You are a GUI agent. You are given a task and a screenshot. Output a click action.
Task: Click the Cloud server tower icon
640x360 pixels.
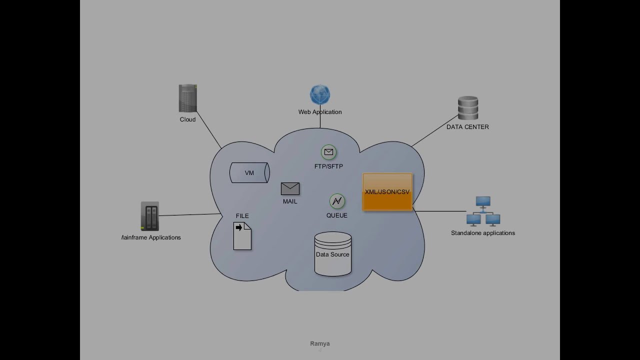(x=187, y=98)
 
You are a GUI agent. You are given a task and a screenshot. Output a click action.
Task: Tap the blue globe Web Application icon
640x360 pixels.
(x=320, y=95)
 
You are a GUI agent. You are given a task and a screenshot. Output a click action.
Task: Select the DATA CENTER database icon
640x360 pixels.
(x=467, y=108)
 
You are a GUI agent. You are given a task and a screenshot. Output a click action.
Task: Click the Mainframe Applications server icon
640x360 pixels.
(x=149, y=216)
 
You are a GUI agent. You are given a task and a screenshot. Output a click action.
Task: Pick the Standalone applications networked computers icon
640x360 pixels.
(x=483, y=211)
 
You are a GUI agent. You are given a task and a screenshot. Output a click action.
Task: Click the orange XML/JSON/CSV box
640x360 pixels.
(x=387, y=192)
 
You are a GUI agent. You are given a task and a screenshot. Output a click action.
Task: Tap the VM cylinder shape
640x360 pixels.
(x=249, y=173)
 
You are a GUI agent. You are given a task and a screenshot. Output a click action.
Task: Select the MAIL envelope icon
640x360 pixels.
(x=290, y=188)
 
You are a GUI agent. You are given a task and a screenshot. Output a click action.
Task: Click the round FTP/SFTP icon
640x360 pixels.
(x=328, y=152)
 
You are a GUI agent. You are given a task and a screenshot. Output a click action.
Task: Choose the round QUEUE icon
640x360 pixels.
(x=337, y=201)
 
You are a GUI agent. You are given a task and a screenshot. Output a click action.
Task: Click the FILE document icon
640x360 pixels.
(x=242, y=236)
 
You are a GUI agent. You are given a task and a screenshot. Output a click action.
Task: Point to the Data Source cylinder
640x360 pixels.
(x=333, y=254)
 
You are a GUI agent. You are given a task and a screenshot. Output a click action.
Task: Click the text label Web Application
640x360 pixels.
(x=320, y=112)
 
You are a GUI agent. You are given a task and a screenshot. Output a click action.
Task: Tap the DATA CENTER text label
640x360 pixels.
(x=467, y=127)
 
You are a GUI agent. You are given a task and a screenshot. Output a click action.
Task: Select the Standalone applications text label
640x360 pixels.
(x=483, y=233)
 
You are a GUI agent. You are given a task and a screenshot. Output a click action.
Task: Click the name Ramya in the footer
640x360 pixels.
(x=320, y=343)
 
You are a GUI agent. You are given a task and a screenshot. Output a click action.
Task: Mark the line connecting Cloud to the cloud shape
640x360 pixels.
(x=209, y=129)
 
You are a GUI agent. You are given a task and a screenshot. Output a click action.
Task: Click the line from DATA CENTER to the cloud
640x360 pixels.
(x=434, y=131)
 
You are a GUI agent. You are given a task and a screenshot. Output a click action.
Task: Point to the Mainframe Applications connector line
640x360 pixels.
(x=190, y=215)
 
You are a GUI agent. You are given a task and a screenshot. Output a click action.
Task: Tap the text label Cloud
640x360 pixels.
(x=187, y=119)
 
